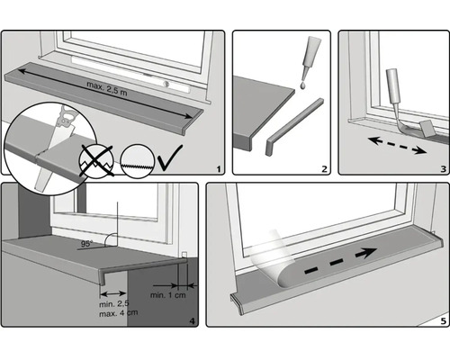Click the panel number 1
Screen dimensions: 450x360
(x=219, y=169)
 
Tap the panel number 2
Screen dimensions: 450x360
(x=324, y=169)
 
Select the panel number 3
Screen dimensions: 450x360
(x=444, y=169)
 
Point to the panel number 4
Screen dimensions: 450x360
(x=193, y=321)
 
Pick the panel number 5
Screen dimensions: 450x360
(x=444, y=321)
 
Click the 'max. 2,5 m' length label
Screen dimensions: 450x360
(x=107, y=88)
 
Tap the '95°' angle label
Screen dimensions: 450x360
(x=86, y=244)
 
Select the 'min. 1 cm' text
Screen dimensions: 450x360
(x=168, y=295)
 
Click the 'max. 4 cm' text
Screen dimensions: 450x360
(x=119, y=313)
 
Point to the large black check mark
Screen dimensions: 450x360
(x=169, y=157)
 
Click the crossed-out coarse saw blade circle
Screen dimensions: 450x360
(x=96, y=161)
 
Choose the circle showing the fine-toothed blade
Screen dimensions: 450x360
(x=138, y=161)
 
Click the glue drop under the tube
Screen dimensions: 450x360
(x=302, y=85)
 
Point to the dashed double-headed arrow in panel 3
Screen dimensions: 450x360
(x=397, y=145)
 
